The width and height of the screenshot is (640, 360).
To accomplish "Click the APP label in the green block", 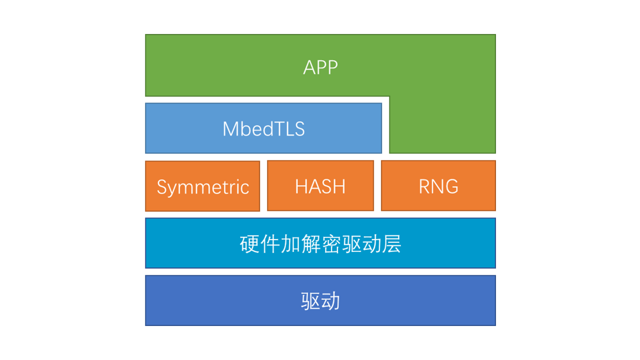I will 320,67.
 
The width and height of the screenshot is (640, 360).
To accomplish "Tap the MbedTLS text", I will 263,129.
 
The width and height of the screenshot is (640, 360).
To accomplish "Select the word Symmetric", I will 202,187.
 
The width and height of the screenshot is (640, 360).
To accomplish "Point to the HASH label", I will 320,186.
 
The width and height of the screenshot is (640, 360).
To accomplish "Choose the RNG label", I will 438,186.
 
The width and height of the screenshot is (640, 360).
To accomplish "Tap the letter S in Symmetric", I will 161,187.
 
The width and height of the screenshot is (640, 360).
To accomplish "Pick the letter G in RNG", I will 451,186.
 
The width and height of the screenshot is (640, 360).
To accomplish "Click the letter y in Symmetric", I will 173,189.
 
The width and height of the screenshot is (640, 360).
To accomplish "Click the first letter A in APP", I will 310,67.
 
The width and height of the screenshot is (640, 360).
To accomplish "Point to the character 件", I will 270,244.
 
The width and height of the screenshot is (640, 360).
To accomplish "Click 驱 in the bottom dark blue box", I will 310,301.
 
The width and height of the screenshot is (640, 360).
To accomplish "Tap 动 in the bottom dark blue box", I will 330,301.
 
